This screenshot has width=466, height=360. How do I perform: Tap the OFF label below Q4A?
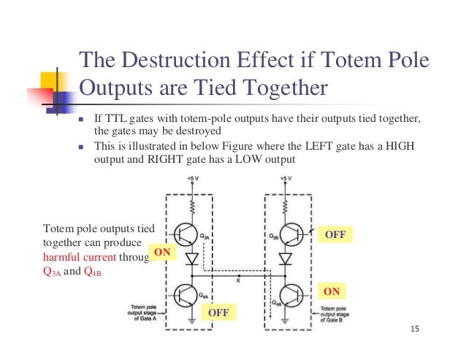pos(218,313)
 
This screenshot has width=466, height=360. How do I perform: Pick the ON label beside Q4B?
pos(332,291)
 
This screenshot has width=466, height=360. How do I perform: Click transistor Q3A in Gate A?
pos(189,234)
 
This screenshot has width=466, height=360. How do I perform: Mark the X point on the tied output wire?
pos(239,279)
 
